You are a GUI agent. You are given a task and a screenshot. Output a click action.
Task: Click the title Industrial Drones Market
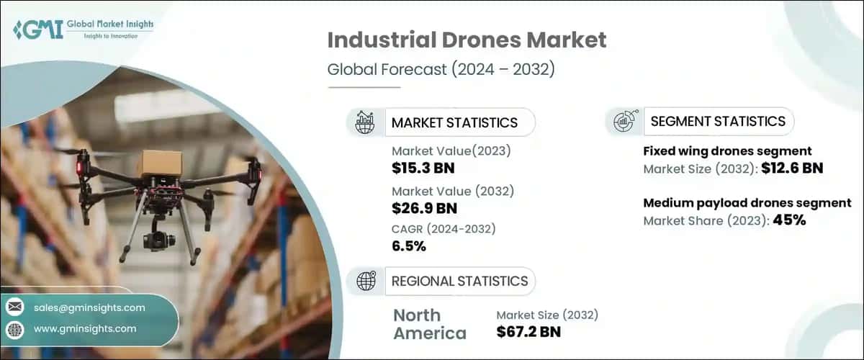(x=467, y=40)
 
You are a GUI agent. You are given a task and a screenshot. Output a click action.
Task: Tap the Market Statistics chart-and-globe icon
(x=364, y=122)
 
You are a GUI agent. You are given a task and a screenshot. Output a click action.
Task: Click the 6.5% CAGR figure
(x=409, y=247)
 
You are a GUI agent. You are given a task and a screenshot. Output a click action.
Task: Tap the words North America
(x=430, y=324)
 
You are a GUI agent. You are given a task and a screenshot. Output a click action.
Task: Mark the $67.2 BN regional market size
(x=528, y=332)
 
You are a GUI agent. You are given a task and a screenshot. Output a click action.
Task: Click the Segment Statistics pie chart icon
(x=624, y=122)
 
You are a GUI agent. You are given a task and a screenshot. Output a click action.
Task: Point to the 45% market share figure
(x=789, y=220)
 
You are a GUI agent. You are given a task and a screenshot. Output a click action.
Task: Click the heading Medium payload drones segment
(x=747, y=203)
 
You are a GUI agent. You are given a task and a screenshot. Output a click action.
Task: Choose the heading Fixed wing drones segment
(x=727, y=151)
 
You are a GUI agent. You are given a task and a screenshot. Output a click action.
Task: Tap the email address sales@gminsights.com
(x=89, y=307)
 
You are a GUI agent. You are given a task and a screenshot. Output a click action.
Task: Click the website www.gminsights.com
(x=85, y=328)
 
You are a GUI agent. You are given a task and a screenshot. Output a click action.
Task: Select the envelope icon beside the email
(x=15, y=307)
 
